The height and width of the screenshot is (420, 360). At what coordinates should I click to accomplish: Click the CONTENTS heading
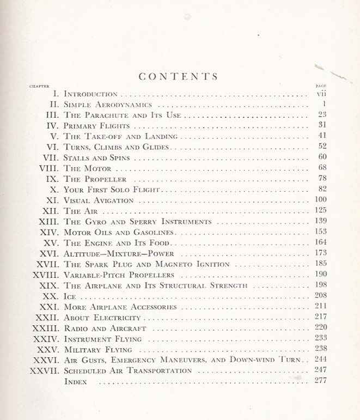(x=178, y=77)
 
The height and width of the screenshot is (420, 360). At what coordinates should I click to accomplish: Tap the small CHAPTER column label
(x=39, y=86)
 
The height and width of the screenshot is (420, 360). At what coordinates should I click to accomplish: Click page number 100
(x=320, y=200)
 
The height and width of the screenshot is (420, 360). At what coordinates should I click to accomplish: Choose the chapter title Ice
(x=70, y=297)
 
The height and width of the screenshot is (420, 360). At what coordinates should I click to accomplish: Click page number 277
(x=320, y=381)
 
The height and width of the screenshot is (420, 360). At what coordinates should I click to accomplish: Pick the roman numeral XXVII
(x=44, y=370)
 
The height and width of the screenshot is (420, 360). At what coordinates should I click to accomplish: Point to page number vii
(x=321, y=93)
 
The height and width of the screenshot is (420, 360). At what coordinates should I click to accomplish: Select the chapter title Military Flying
(x=97, y=350)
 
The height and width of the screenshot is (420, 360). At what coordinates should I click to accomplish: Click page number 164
(x=320, y=242)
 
